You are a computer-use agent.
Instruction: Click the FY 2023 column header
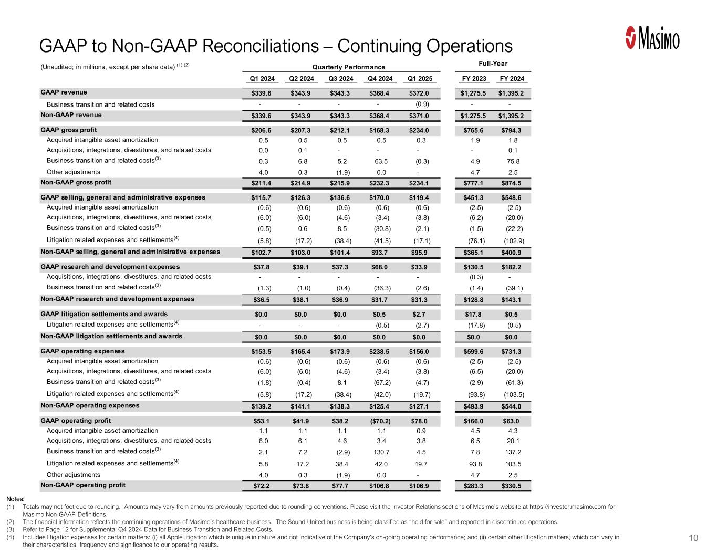(474, 79)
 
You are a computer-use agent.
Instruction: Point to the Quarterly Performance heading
(348, 67)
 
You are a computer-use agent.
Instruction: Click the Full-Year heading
(493, 64)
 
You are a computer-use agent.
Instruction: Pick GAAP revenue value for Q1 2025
(419, 93)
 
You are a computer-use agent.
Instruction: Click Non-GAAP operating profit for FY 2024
(512, 486)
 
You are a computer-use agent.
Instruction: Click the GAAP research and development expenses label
(110, 267)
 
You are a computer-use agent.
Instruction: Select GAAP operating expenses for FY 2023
(474, 352)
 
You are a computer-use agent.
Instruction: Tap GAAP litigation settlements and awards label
(104, 314)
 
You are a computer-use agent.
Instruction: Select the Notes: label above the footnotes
(16, 499)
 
